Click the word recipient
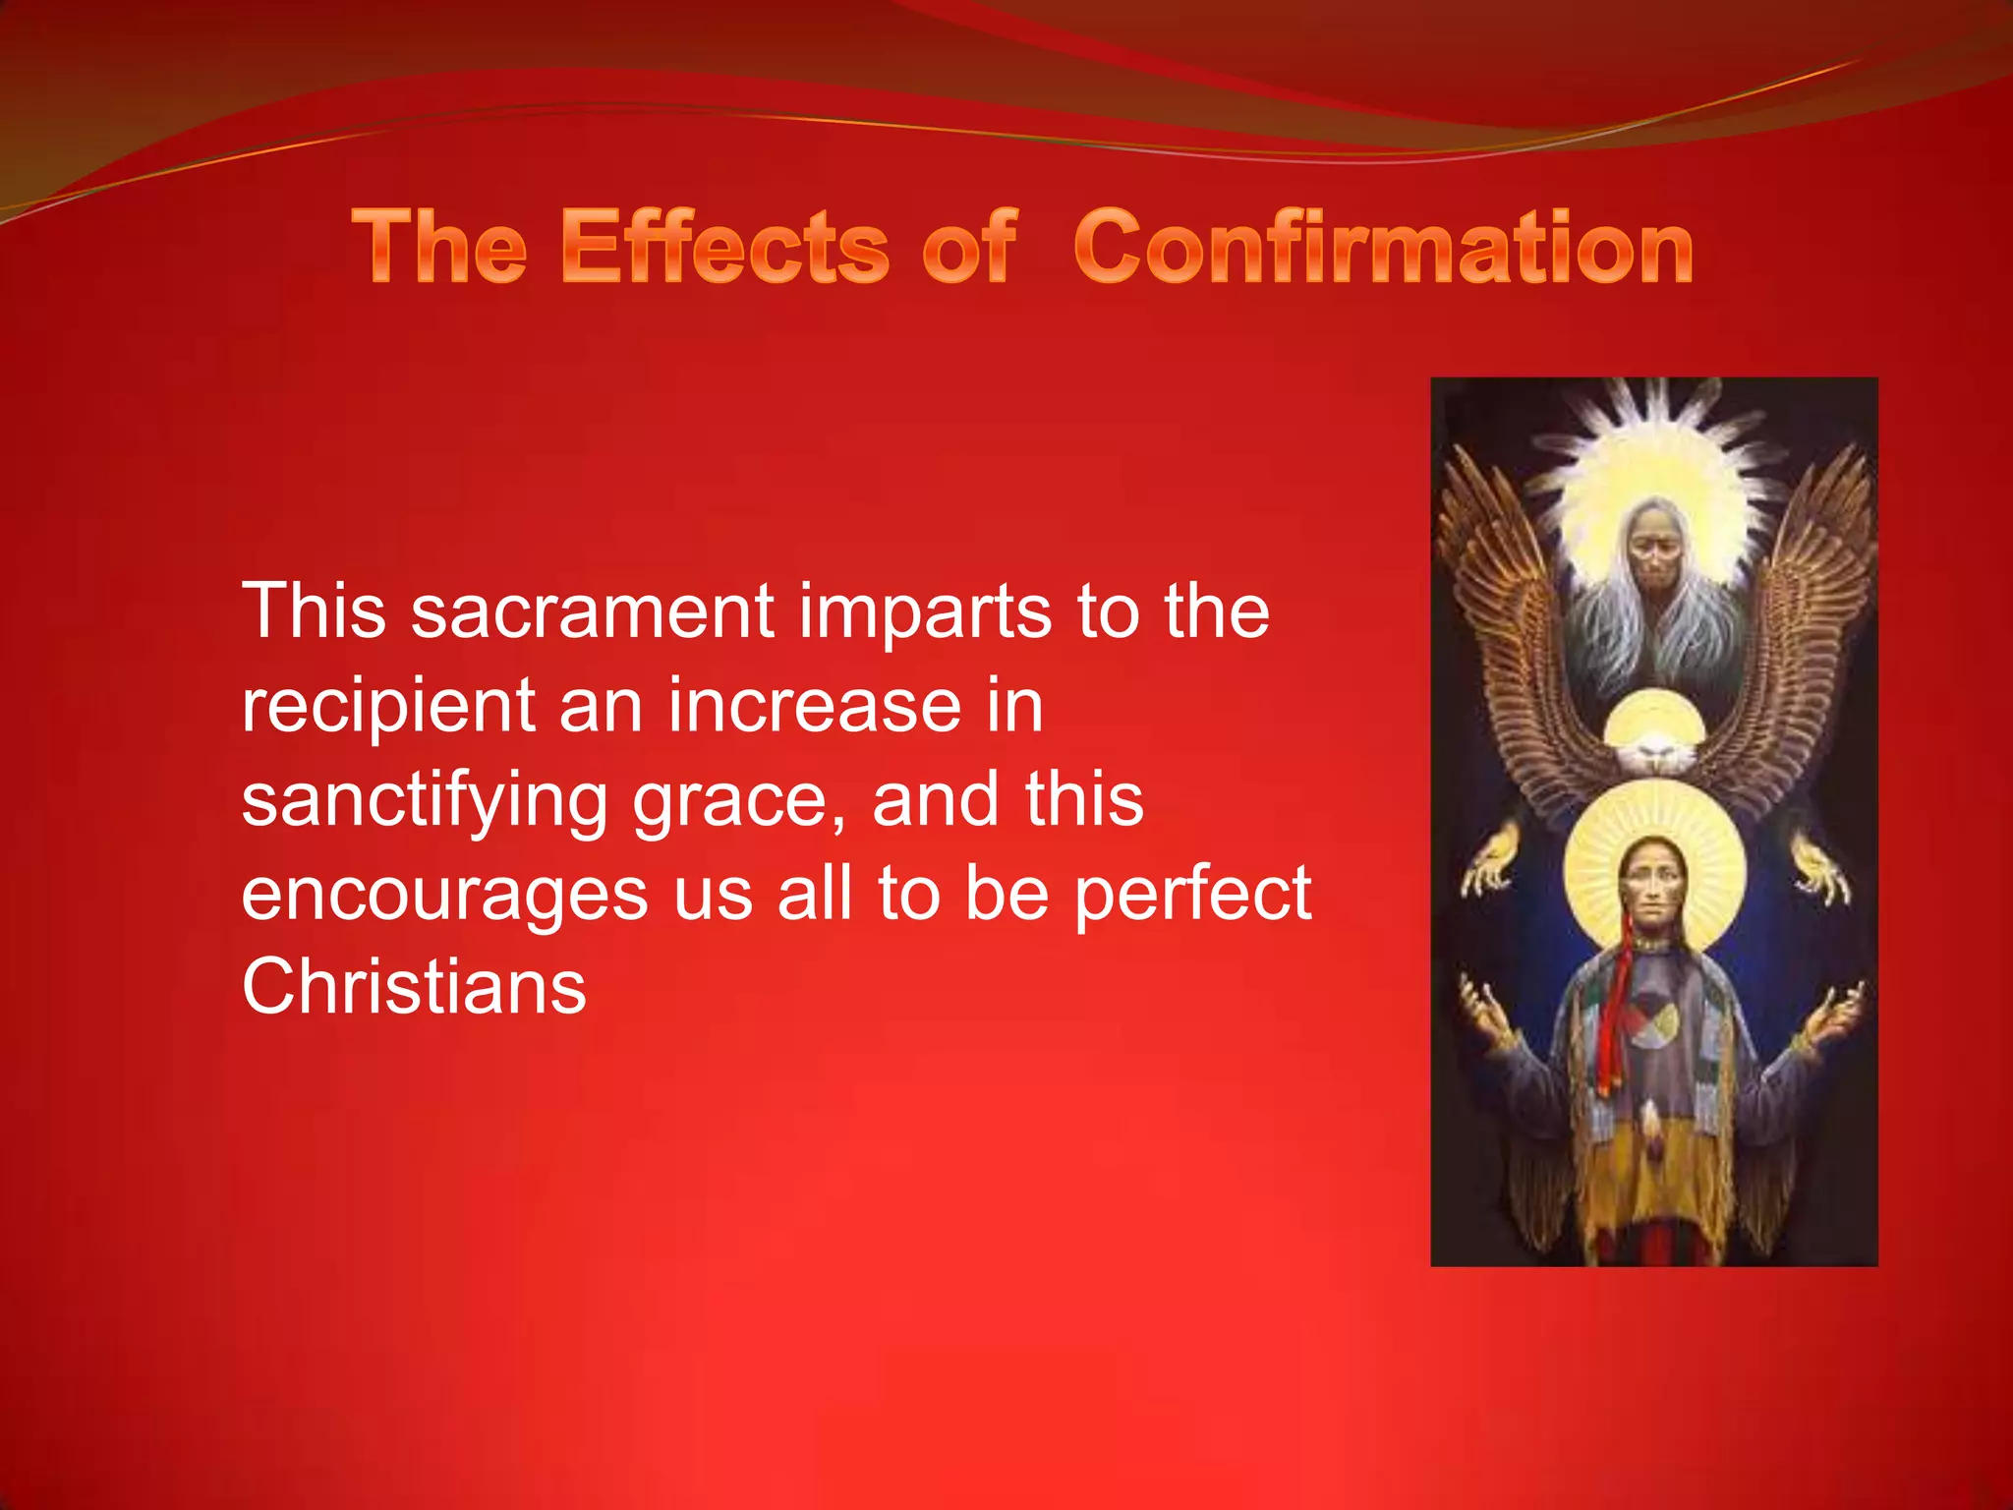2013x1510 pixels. [x=388, y=708]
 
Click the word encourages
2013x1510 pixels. [x=444, y=895]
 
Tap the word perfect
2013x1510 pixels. [x=1192, y=895]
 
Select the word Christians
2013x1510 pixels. [x=414, y=987]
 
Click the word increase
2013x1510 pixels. [x=815, y=706]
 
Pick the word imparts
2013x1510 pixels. [x=925, y=612]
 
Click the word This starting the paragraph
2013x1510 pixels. [x=314, y=612]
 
